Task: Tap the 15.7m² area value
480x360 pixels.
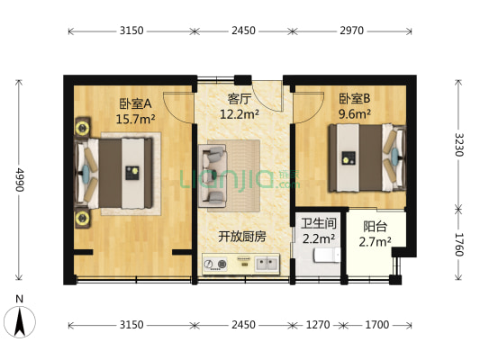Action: (x=135, y=117)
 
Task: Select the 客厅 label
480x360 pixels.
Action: (x=239, y=99)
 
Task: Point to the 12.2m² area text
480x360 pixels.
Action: (x=240, y=113)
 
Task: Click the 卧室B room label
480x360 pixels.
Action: (x=355, y=99)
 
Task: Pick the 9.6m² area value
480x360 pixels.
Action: (x=355, y=113)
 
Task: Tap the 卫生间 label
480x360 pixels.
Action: (x=318, y=223)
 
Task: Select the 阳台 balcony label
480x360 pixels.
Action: (x=376, y=227)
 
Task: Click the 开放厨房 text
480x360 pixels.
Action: (x=241, y=237)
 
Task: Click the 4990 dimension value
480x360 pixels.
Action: (x=18, y=179)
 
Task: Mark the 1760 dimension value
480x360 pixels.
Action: (x=458, y=244)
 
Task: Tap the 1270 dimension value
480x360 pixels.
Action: (x=320, y=324)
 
